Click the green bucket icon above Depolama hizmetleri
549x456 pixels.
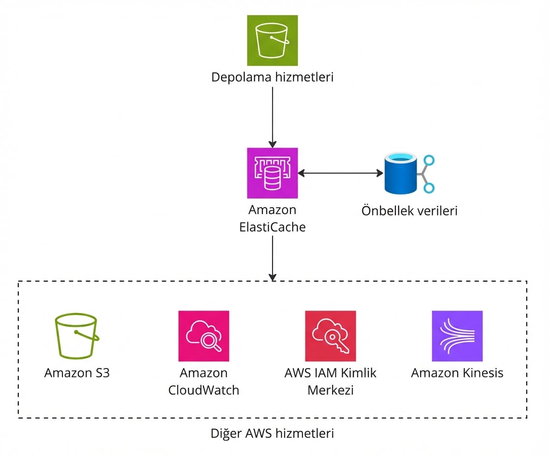(272, 40)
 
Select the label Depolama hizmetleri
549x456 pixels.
(272, 77)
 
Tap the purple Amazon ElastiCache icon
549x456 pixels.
(272, 173)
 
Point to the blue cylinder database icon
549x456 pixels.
(401, 173)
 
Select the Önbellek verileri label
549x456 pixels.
(409, 211)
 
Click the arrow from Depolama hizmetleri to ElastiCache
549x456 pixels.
(272, 116)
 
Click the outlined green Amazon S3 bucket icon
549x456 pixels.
(77, 336)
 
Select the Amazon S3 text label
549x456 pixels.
(77, 373)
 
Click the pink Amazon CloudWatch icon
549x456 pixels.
(203, 336)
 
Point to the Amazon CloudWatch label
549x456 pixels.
(203, 381)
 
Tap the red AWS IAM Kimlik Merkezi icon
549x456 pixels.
(331, 336)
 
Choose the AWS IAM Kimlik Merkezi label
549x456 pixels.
(331, 381)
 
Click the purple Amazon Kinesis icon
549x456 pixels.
(457, 336)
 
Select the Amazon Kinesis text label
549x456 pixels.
(457, 373)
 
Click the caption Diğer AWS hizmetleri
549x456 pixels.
(272, 433)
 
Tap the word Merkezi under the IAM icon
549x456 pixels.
(331, 390)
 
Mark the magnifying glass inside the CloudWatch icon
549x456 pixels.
(210, 341)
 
